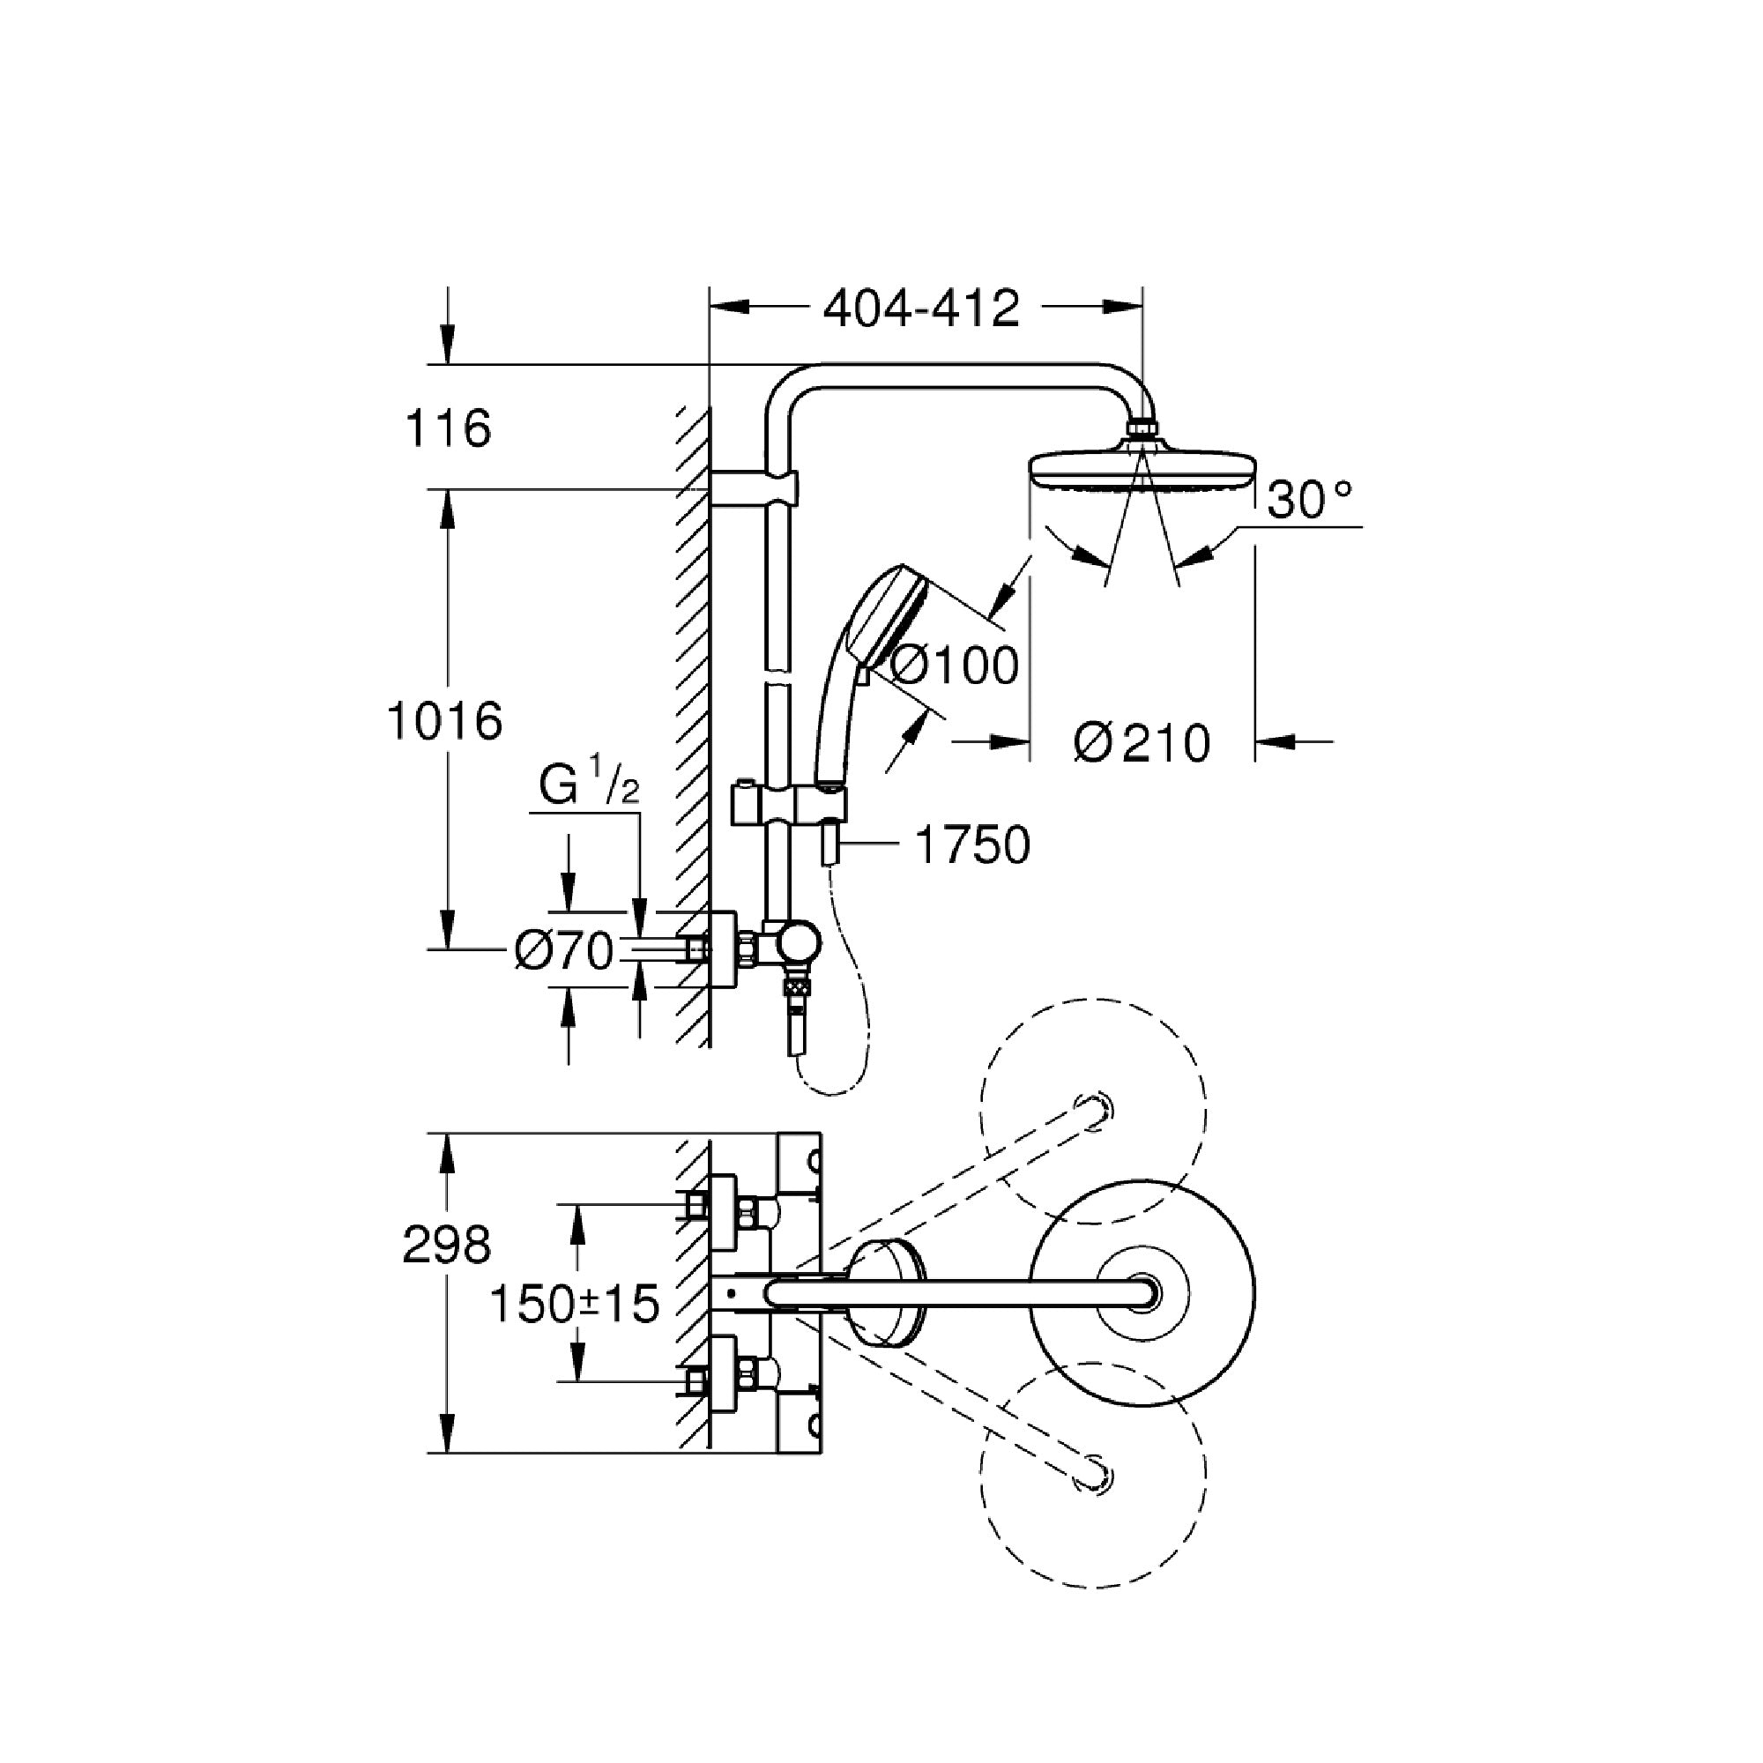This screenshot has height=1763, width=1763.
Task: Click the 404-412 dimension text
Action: tap(921, 309)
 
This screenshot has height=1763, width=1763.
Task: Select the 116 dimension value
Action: tap(447, 428)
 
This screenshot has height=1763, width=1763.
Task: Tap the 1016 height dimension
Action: tap(444, 722)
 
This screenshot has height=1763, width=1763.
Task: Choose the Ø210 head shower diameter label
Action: tap(1142, 743)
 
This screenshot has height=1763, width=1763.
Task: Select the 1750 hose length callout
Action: tap(971, 844)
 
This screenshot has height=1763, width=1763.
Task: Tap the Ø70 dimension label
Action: tap(563, 953)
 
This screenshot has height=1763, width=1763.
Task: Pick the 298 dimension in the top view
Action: tap(446, 1245)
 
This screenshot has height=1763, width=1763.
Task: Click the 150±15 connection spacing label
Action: tap(574, 1304)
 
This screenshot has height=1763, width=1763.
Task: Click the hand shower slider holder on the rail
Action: tap(790, 807)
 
